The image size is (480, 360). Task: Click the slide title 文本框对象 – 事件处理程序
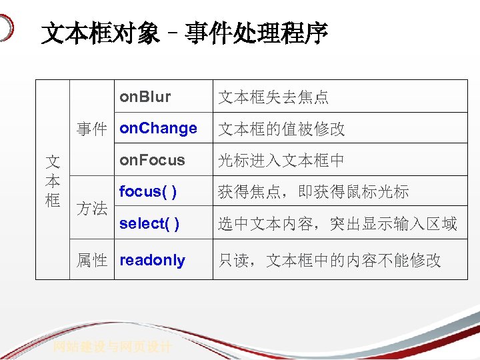click(185, 34)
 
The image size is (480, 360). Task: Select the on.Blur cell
click(145, 97)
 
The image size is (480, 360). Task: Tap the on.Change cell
click(158, 128)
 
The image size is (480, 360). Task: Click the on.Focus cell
click(152, 160)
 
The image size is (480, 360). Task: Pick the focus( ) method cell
click(147, 192)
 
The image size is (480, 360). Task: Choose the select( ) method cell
click(149, 223)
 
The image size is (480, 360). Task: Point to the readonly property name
click(152, 260)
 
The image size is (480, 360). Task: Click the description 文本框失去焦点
click(273, 97)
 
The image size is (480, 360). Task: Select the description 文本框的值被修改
click(281, 129)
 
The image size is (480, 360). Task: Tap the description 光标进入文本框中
click(281, 161)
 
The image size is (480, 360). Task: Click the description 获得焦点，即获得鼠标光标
click(313, 193)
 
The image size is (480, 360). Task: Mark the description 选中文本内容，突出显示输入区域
click(337, 224)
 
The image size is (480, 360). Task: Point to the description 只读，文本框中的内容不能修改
click(329, 261)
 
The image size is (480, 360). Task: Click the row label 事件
click(92, 129)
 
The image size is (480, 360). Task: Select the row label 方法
click(92, 208)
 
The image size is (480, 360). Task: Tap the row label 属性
click(92, 261)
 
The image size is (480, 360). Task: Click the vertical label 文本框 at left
click(53, 181)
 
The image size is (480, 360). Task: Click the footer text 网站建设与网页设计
click(113, 347)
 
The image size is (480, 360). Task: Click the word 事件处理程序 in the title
click(257, 34)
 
